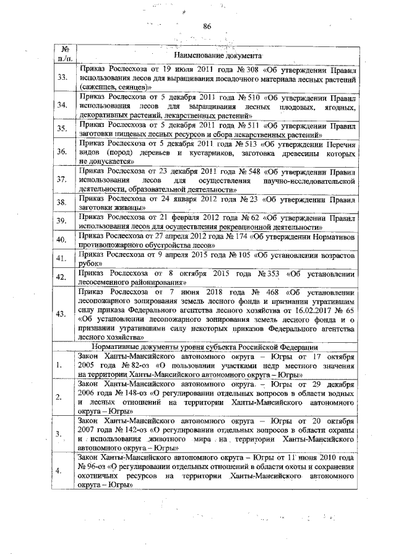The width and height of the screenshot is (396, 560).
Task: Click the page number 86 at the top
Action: (207, 25)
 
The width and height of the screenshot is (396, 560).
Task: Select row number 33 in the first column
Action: (62, 79)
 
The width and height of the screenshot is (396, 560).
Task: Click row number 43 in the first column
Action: (62, 314)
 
